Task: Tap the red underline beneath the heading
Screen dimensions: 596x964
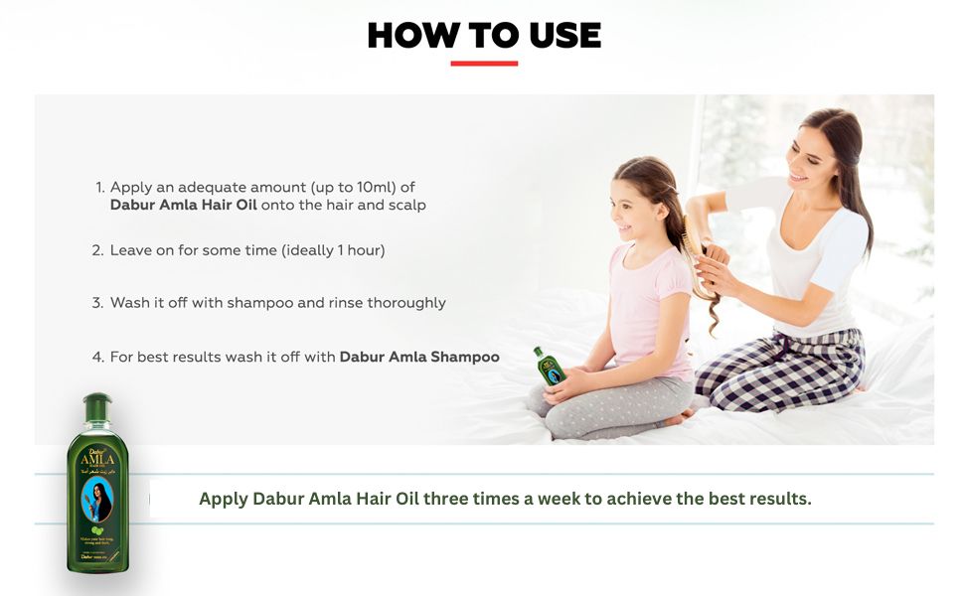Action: (x=484, y=64)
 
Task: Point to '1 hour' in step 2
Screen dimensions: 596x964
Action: (x=355, y=250)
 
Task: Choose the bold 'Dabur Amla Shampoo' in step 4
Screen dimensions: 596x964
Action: (x=419, y=356)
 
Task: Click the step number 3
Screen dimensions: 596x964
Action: (x=97, y=303)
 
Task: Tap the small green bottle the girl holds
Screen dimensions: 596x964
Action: (x=548, y=367)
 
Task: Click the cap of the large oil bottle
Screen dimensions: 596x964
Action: (x=97, y=406)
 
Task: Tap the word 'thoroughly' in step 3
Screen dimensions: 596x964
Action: (x=404, y=303)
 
